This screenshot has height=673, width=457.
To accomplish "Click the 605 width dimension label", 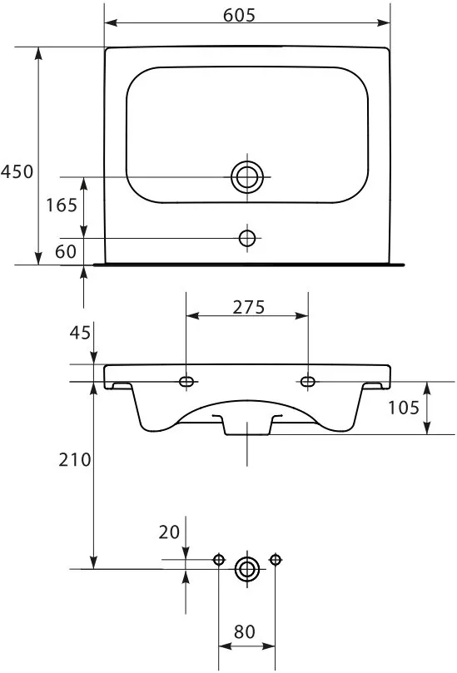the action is (239, 16).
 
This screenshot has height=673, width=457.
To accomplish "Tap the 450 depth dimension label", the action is (17, 171).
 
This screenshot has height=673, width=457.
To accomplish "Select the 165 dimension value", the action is (62, 205).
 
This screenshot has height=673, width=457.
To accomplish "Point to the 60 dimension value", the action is (66, 251).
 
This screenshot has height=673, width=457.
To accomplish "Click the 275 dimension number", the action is (249, 307).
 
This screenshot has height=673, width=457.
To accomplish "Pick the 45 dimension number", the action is (80, 332).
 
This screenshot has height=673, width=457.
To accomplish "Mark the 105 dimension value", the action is (404, 408).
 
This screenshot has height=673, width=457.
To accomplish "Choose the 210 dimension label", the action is (75, 460).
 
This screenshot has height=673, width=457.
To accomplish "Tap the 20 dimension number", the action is (169, 532).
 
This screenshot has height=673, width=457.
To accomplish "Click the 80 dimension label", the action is (245, 631).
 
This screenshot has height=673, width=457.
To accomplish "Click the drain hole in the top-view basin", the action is (247, 177).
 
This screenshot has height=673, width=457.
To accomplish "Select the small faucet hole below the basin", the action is (247, 238).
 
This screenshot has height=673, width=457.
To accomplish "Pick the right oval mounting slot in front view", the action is (307, 382).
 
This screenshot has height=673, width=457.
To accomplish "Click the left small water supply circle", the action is (219, 560).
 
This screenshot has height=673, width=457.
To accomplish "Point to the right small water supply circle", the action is (276, 560).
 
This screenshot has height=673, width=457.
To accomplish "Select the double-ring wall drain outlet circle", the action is (247, 569).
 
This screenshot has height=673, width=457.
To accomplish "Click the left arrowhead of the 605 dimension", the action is (112, 22).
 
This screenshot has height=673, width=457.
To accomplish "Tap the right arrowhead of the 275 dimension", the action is (301, 316).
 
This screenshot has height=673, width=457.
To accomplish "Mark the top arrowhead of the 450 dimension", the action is (38, 53).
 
